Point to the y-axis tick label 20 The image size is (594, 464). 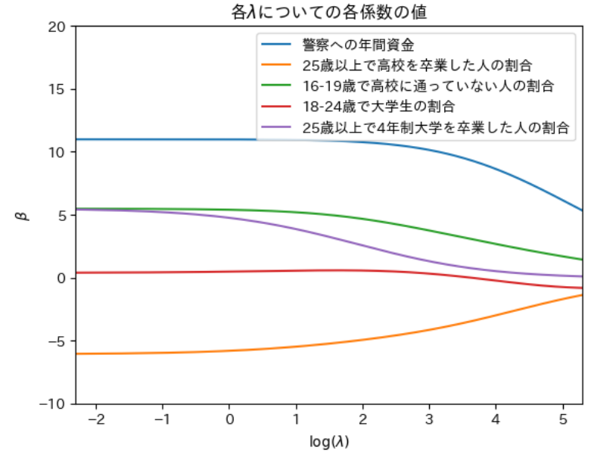tap(59, 26)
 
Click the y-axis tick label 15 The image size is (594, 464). tap(59, 89)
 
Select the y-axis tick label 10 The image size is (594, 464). tap(59, 152)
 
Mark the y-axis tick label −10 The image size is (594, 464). tap(54, 403)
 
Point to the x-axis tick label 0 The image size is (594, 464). tap(229, 419)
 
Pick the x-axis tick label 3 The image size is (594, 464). tap(429, 419)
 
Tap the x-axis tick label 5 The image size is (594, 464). tap(562, 419)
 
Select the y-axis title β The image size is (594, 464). tap(23, 216)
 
